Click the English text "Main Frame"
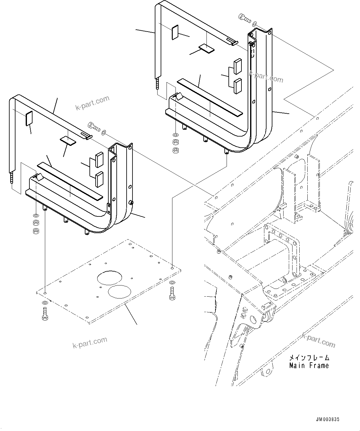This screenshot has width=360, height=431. point(309,366)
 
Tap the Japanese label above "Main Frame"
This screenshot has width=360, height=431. point(309,358)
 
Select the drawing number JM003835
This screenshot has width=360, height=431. point(327,419)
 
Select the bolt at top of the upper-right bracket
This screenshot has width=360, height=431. point(245,18)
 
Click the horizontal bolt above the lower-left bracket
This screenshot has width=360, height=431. point(94,126)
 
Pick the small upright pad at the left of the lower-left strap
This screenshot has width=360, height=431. point(29,119)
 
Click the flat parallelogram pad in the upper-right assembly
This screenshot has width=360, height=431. point(206,48)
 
